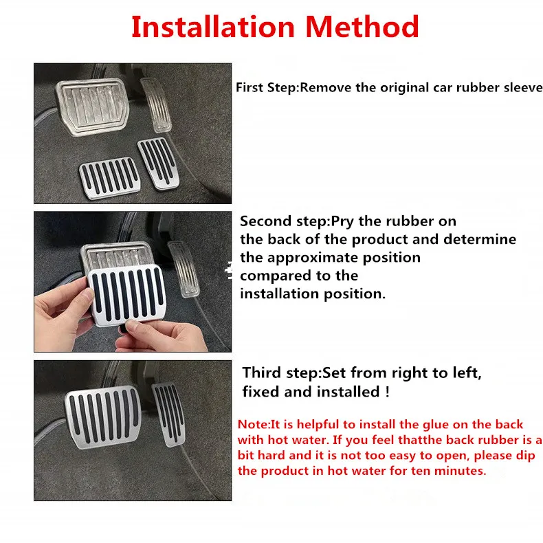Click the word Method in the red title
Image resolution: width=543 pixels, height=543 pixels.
pyautogui.click(x=362, y=27)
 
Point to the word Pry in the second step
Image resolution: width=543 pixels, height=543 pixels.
pyautogui.click(x=343, y=221)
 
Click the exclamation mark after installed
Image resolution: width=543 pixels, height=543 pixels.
pyautogui.click(x=387, y=392)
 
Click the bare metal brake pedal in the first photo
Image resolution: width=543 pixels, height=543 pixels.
pyautogui.click(x=93, y=107)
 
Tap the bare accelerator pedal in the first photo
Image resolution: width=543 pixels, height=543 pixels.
pyautogui.click(x=156, y=104)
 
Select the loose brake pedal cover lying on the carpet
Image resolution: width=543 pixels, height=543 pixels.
pyautogui.click(x=109, y=178)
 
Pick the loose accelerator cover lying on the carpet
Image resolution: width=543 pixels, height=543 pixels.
pyautogui.click(x=158, y=163)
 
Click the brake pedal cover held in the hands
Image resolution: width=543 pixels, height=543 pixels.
pyautogui.click(x=126, y=294)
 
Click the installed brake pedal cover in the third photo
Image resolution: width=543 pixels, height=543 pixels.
pyautogui.click(x=103, y=416)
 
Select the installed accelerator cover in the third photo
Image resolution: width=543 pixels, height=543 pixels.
pyautogui.click(x=168, y=414)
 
